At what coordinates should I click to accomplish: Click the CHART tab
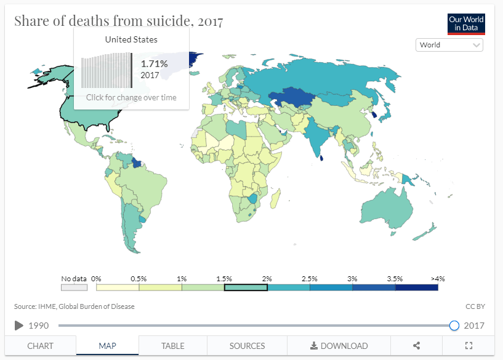pos(41,346)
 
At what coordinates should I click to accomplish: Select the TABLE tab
pos(172,346)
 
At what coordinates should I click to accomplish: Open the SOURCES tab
pos(247,346)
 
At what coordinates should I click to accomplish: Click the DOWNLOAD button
pos(339,346)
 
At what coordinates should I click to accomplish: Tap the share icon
pos(416,346)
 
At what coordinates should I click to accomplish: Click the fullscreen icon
pos(469,346)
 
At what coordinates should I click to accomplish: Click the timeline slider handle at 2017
pos(454,326)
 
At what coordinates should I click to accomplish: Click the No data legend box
pos(74,287)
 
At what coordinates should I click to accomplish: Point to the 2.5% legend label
pos(309,279)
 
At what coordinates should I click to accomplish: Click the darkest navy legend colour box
pos(417,287)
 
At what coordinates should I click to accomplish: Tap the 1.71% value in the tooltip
pos(154,63)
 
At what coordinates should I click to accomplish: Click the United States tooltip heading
pos(131,40)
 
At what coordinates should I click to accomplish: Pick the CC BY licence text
pos(475,306)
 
